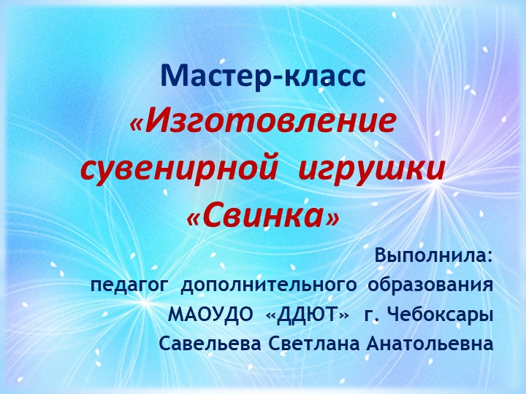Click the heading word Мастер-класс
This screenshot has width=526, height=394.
[x=263, y=76]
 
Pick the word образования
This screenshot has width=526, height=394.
[x=430, y=285]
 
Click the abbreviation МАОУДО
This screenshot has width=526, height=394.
[x=212, y=314]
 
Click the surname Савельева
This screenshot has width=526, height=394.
[x=207, y=343]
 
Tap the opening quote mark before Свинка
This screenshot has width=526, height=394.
[x=194, y=217]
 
